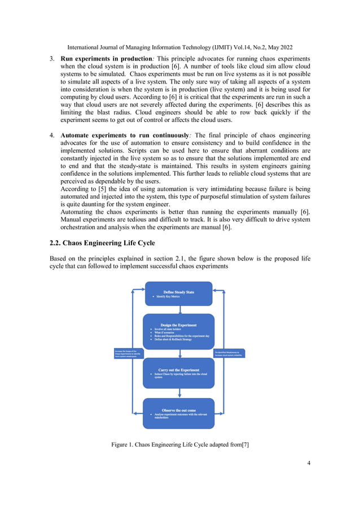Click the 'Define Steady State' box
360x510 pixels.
[x=178, y=294]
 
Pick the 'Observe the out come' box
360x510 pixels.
[x=178, y=413]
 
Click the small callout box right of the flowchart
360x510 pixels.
[x=230, y=354]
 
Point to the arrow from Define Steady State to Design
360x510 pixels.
[x=179, y=310]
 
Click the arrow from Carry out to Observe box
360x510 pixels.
[x=179, y=393]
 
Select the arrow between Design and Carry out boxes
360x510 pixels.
[x=179, y=354]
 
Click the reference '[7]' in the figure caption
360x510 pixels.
[x=245, y=445]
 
